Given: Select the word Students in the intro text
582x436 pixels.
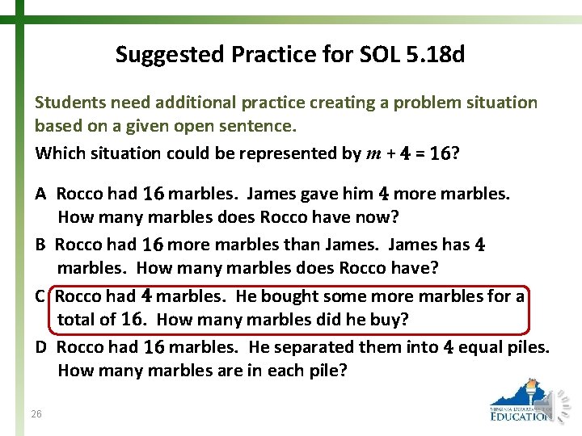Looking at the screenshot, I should [68, 103].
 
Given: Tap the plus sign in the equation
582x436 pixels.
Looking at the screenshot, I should [390, 153].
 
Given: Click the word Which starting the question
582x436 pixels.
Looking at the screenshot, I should [57, 153].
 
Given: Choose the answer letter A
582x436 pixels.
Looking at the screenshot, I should [40, 194].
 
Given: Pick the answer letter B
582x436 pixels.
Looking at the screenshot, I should [40, 245].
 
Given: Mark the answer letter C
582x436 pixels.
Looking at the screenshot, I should [40, 296].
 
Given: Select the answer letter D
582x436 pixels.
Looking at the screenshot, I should [40, 348].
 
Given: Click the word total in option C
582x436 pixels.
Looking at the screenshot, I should [75, 320].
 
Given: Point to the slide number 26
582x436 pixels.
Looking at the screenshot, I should [36, 414].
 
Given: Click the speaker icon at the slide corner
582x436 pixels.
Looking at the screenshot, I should [560, 405].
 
